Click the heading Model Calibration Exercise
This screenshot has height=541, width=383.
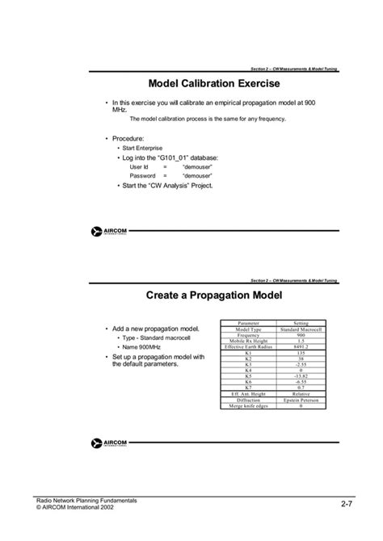point(214,83)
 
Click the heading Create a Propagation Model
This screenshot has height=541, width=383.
point(214,296)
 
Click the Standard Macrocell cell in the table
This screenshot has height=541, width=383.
point(301,329)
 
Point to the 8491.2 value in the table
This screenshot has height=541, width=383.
point(301,347)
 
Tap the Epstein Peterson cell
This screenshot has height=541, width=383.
point(301,400)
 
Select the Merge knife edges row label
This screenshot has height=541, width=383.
point(248,405)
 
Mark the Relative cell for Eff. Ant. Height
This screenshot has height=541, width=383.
point(301,394)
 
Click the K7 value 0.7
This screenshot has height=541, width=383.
point(301,388)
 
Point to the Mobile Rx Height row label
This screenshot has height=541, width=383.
point(248,341)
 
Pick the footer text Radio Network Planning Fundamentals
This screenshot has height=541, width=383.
point(90,501)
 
